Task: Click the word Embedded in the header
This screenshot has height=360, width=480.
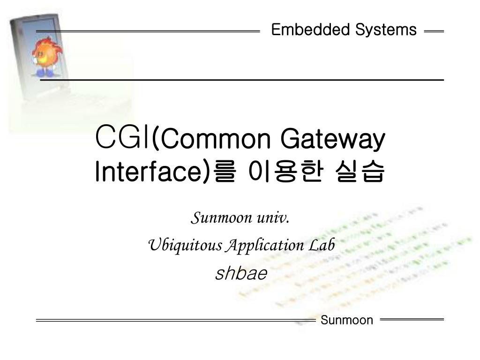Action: pos(311,30)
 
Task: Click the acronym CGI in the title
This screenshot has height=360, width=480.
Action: pos(122,138)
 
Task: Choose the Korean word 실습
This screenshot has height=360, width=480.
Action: pos(360,172)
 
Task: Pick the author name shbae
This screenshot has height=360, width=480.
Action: pos(241,273)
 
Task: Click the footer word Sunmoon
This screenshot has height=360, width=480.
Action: pos(347,320)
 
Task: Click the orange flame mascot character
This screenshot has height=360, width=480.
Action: pos(46,54)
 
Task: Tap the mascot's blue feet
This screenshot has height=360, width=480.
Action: pos(45,73)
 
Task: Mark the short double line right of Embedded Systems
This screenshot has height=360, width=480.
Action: pos(434,31)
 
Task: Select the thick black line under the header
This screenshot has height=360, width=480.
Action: pos(242,81)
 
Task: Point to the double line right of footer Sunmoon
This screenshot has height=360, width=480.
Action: pos(412,319)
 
